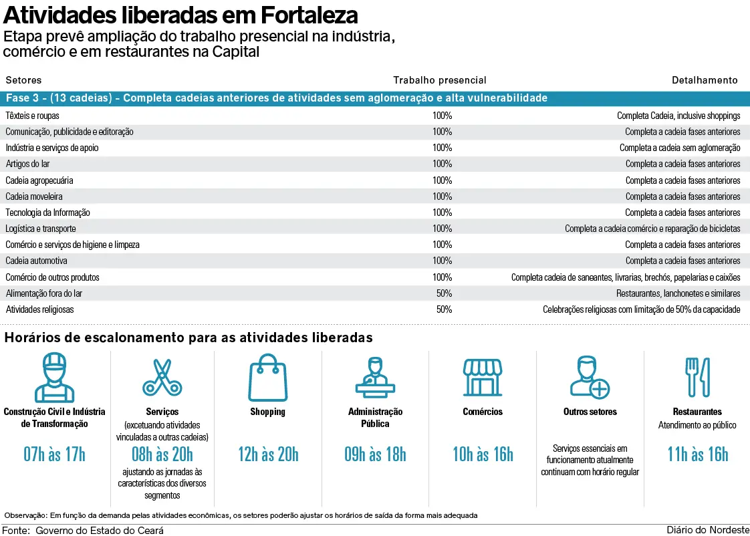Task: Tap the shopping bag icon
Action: (x=267, y=377)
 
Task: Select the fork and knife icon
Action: (x=698, y=377)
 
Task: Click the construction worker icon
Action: (x=55, y=377)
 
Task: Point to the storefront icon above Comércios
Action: (x=483, y=377)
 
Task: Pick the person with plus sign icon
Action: (x=590, y=377)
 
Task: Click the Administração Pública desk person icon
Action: (x=375, y=377)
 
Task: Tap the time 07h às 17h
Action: (x=55, y=455)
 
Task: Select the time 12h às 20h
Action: (x=268, y=455)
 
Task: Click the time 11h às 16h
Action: (x=698, y=455)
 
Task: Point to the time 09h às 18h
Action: (x=375, y=455)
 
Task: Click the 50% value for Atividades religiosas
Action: (x=444, y=309)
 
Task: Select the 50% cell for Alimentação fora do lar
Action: (x=444, y=293)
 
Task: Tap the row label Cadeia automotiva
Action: (x=36, y=261)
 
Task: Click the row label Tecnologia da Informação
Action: (x=47, y=213)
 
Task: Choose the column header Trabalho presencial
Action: (x=439, y=80)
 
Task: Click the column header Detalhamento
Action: (x=705, y=80)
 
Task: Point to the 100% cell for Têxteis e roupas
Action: (x=442, y=116)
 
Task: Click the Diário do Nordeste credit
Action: (x=708, y=530)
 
